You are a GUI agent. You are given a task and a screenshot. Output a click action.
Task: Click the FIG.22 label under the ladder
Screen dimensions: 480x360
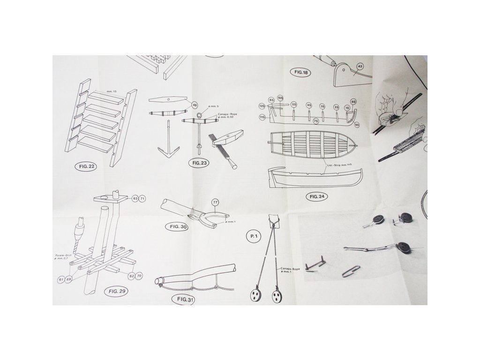tap(85, 166)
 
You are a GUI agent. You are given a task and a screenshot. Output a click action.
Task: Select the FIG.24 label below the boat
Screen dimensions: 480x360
tap(317, 196)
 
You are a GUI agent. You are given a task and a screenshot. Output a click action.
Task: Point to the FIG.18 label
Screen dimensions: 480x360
tap(301, 73)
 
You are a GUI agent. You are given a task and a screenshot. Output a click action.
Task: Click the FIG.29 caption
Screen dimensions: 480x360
tap(117, 291)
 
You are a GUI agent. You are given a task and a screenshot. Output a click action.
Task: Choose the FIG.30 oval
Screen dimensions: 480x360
tap(177, 227)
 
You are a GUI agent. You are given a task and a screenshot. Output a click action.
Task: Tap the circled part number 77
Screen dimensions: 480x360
tap(216, 202)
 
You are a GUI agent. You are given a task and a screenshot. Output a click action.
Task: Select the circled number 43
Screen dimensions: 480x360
tap(360, 67)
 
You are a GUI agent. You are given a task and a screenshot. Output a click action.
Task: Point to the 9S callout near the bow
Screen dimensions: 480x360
tap(357, 125)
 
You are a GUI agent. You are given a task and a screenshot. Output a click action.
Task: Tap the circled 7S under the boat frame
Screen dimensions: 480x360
tap(316, 121)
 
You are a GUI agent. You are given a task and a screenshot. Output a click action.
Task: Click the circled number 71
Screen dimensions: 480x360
tap(142, 199)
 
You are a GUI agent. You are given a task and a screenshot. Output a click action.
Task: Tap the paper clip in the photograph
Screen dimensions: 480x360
tap(351, 271)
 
